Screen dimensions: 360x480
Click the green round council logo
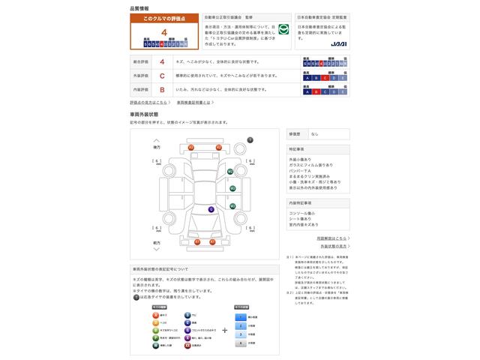[x=283, y=30]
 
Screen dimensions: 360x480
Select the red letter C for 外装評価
[x=163, y=76]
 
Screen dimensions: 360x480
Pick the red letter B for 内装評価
[x=163, y=88]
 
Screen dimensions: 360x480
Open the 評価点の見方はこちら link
[x=148, y=102]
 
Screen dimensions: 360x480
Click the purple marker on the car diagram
[x=211, y=209]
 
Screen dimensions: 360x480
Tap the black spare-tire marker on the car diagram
[x=250, y=140]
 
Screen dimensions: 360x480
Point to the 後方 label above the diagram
[x=156, y=148]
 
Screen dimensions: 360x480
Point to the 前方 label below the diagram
[x=156, y=243]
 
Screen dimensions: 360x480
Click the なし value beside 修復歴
[x=314, y=133]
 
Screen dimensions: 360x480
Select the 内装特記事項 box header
[x=300, y=202]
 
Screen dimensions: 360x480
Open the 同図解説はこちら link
[x=331, y=238]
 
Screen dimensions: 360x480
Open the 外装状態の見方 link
[x=333, y=246]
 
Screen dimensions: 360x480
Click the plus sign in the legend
[x=224, y=328]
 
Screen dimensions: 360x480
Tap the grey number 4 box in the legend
[x=240, y=343]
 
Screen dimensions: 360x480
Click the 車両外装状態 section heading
[x=144, y=114]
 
